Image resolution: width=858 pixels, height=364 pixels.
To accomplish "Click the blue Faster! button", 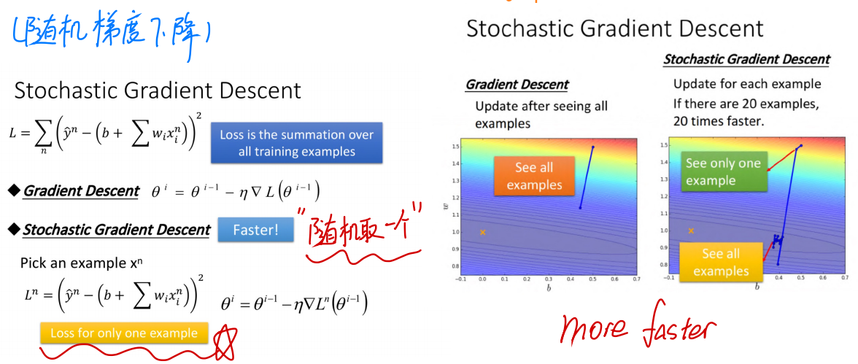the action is (x=255, y=230).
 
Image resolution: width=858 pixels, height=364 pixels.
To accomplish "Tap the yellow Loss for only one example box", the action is (x=124, y=333).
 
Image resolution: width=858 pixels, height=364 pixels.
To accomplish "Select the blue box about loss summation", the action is (x=296, y=142).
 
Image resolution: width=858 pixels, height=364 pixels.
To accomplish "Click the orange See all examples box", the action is (x=534, y=176).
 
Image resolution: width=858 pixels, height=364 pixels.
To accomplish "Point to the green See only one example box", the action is (x=724, y=171).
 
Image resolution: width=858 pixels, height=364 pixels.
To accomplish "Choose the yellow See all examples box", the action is (x=721, y=262).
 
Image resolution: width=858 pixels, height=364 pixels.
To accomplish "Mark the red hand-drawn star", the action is (x=225, y=343).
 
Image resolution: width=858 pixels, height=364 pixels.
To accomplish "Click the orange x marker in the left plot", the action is (x=483, y=232).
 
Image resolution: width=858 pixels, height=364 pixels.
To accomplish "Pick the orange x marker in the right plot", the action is (x=691, y=231).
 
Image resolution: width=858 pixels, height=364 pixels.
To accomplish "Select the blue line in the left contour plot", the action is (x=587, y=177).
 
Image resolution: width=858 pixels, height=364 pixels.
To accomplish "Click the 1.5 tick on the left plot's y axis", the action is (x=455, y=147).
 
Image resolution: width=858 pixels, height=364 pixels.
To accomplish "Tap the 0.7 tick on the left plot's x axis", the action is (x=636, y=279).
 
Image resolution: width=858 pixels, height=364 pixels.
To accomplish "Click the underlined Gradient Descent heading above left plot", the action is (x=517, y=85).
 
